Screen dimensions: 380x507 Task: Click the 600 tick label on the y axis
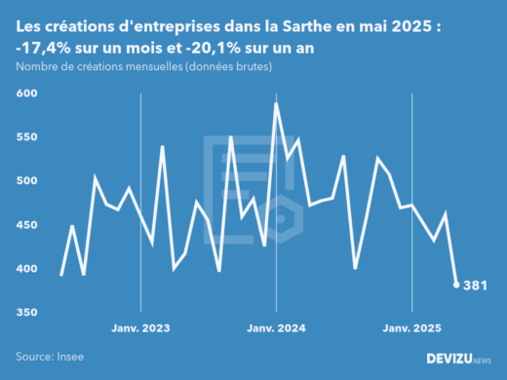tap(26, 94)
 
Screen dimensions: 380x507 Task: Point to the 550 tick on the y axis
tap(26, 137)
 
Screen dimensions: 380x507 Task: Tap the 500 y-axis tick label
tap(26, 181)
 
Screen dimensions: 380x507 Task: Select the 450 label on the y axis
tap(26, 225)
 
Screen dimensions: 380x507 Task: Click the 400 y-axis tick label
tap(26, 269)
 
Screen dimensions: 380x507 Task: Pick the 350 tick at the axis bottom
tap(26, 313)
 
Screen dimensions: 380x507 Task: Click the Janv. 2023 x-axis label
tap(142, 328)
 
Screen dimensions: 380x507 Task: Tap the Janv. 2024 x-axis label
tap(277, 328)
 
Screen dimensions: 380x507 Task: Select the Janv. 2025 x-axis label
tap(412, 328)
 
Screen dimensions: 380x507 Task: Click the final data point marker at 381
tap(456, 285)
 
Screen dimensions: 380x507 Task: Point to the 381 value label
tap(477, 285)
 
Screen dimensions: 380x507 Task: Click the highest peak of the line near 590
tap(276, 103)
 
